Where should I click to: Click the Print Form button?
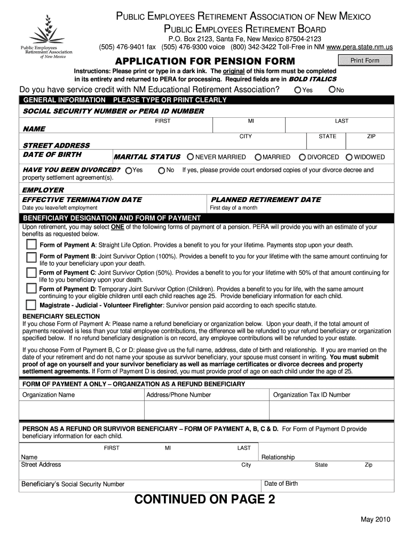pos(365,60)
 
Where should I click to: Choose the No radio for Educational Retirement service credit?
pos(332,90)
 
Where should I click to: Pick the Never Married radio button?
pos(190,157)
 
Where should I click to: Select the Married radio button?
pos(258,157)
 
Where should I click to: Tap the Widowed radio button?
pos(349,157)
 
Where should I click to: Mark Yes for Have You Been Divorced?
pos(128,171)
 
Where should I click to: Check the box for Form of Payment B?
pos(32,258)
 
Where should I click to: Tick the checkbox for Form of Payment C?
pos(32,274)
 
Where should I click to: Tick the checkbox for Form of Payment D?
pos(32,290)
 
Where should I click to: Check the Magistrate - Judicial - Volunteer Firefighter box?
pos(32,306)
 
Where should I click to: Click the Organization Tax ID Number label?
pos(312,395)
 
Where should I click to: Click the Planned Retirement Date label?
pos(266,199)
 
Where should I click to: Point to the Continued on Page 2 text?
pos(205,500)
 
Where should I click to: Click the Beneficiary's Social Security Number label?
pos(73,484)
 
